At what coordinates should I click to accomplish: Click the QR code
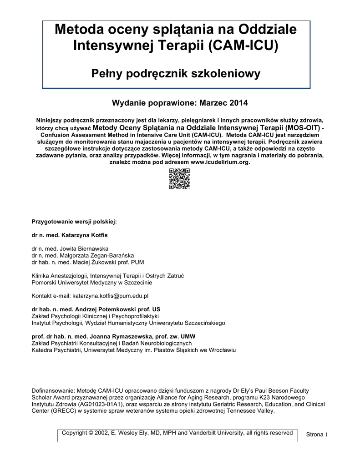click(179, 179)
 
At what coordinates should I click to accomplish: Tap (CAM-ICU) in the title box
click(243, 46)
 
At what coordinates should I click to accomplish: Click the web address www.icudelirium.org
click(220, 162)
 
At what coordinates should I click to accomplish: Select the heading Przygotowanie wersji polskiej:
click(74, 222)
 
